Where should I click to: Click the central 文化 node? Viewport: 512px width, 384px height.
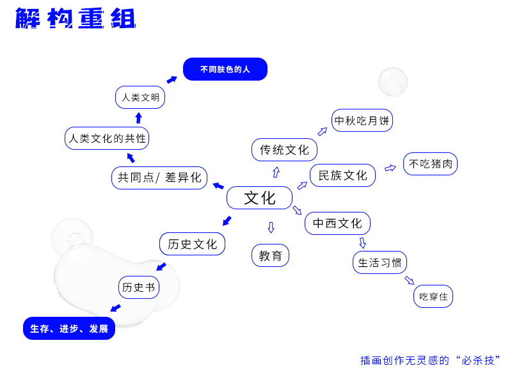tap(259, 198)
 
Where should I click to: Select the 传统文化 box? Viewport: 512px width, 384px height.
tap(284, 150)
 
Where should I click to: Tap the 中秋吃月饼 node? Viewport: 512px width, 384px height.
tap(362, 120)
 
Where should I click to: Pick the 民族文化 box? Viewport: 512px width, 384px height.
tap(342, 175)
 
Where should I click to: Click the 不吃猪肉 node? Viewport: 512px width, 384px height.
tap(430, 164)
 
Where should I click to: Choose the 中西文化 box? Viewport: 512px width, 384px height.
tap(337, 223)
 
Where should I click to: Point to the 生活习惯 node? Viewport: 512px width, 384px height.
tap(380, 262)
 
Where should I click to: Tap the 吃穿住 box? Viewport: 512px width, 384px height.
tap(433, 296)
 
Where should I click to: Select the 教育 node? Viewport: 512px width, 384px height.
tap(270, 255)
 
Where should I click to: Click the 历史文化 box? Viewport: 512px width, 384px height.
tap(192, 244)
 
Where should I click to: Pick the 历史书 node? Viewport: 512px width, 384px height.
tap(138, 287)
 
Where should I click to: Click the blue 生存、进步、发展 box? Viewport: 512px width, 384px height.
tap(69, 328)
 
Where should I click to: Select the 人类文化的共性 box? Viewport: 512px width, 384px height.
tap(107, 138)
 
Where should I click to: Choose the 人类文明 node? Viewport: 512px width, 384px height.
tap(140, 97)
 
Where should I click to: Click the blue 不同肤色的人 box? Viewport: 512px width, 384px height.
tap(225, 69)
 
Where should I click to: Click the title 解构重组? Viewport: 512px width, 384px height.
tap(76, 19)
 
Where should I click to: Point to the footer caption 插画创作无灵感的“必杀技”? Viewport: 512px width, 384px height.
tap(429, 360)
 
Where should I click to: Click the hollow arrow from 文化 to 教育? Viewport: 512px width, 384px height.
tap(271, 227)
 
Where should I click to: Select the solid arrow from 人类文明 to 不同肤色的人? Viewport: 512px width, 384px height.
tap(172, 79)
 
